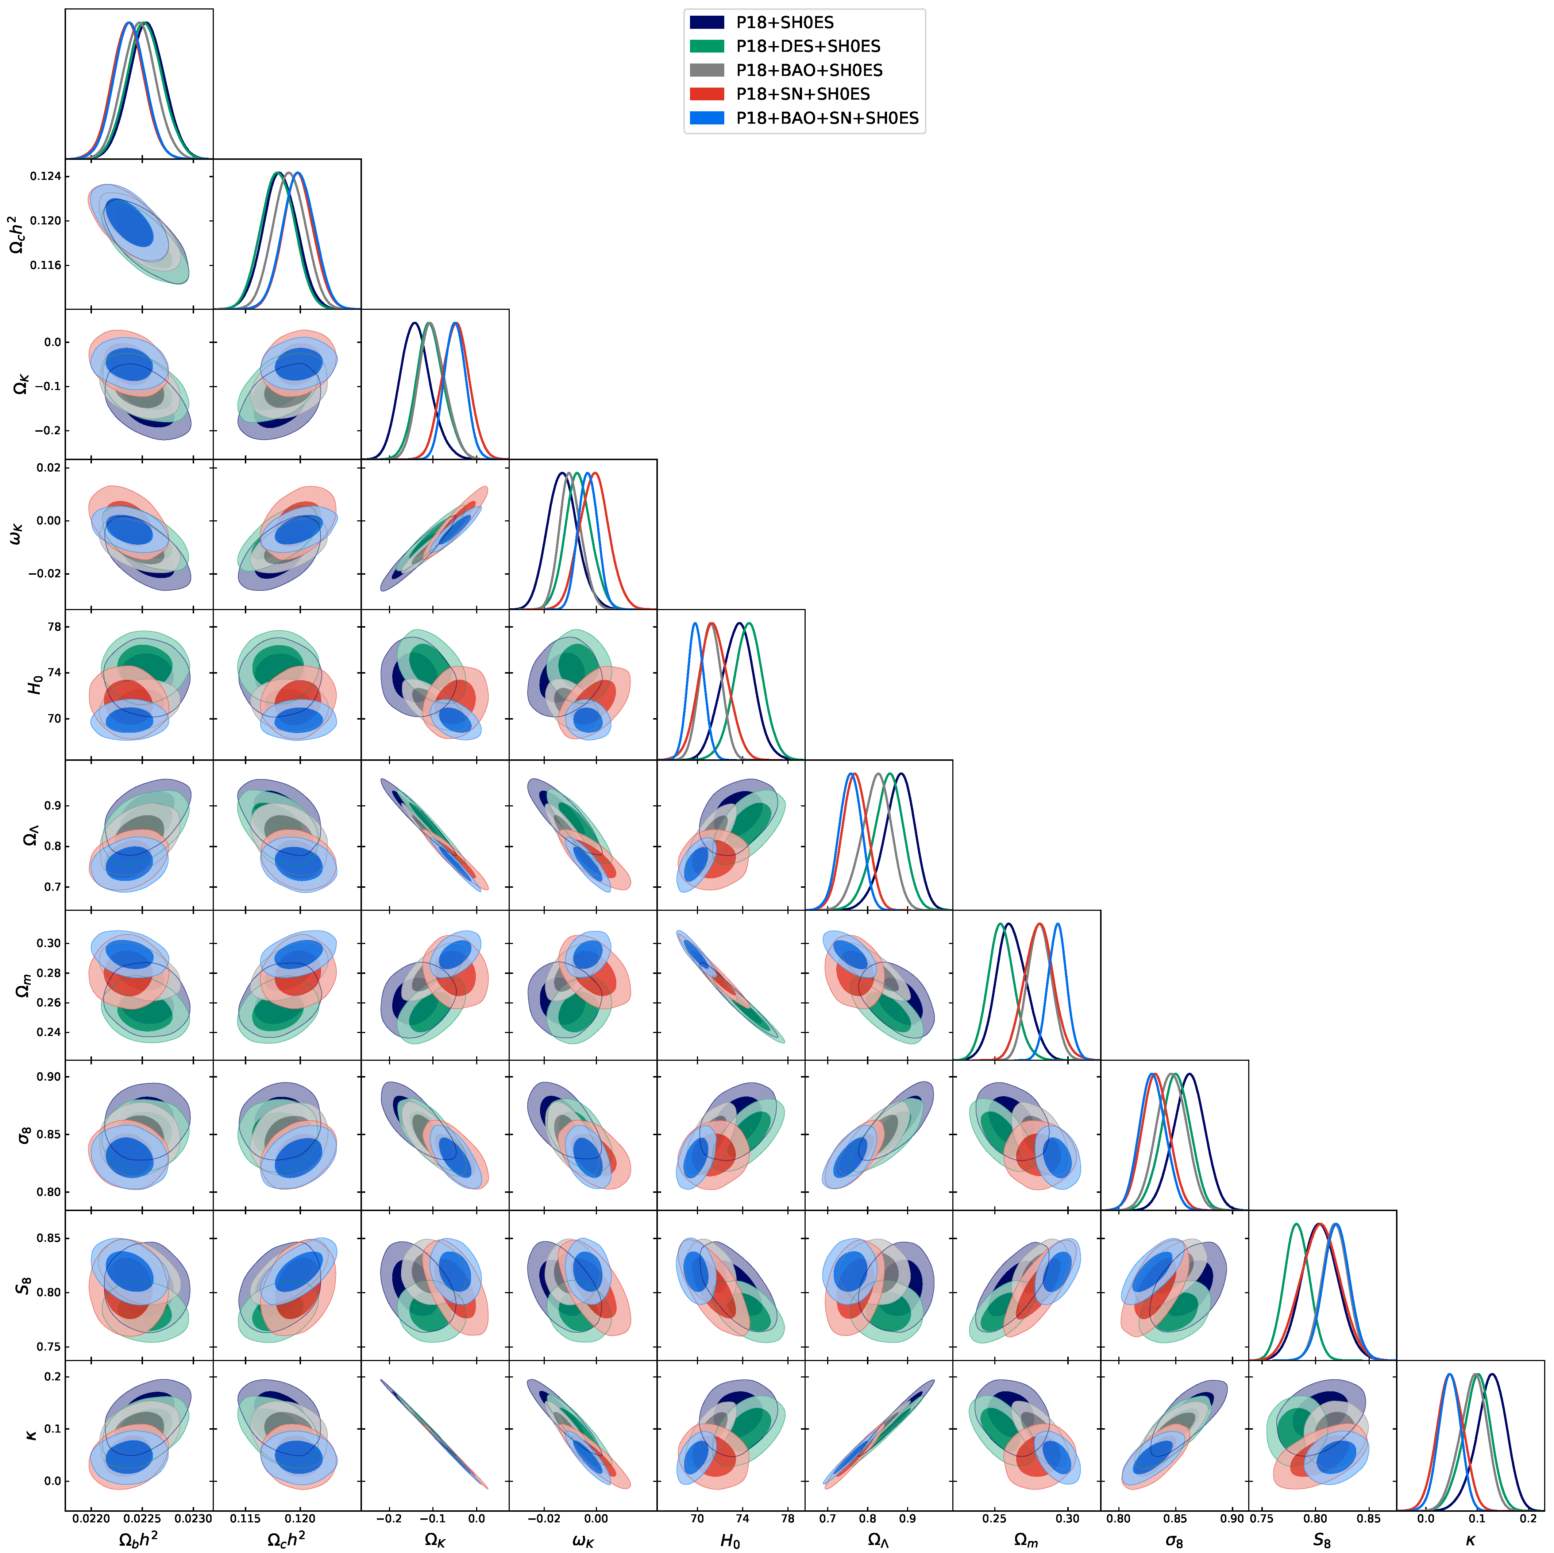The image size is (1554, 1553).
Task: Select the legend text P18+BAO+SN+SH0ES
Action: [x=827, y=118]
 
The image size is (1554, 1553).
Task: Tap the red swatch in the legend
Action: [x=707, y=94]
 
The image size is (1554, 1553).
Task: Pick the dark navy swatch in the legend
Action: [x=707, y=23]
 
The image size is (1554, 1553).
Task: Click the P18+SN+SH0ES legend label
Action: [x=803, y=94]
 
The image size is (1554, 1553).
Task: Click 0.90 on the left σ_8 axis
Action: [x=47, y=1077]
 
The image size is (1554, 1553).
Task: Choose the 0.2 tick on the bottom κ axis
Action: [x=1527, y=1518]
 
